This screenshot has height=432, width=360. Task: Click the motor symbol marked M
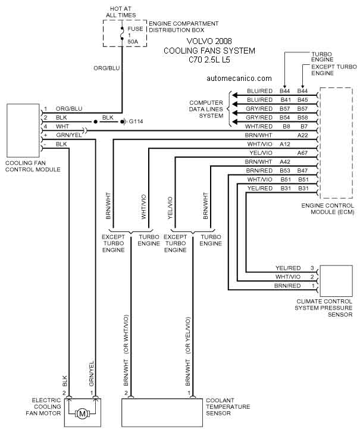(x=82, y=414)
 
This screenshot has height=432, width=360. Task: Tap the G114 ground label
(x=136, y=121)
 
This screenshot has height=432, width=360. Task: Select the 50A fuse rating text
(x=133, y=42)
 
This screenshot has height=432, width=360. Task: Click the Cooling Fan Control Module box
(x=23, y=130)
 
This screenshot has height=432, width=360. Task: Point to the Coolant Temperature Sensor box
(x=162, y=412)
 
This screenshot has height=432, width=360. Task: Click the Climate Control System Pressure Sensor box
(x=336, y=281)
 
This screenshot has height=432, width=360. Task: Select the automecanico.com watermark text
(x=239, y=79)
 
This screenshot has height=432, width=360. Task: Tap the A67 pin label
(x=302, y=153)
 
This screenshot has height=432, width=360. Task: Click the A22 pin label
(x=302, y=135)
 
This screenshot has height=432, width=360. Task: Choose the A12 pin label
(x=285, y=144)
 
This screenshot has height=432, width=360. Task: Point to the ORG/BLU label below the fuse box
(x=107, y=68)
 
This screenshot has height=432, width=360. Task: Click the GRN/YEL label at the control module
(x=69, y=135)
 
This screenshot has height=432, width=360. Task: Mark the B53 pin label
(x=285, y=171)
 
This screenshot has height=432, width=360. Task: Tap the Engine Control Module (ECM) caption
(x=328, y=209)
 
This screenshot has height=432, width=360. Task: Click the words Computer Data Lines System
(x=206, y=109)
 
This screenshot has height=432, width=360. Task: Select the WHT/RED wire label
(x=259, y=127)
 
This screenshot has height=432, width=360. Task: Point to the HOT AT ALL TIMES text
(x=121, y=12)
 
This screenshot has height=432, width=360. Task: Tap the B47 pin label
(x=302, y=171)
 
